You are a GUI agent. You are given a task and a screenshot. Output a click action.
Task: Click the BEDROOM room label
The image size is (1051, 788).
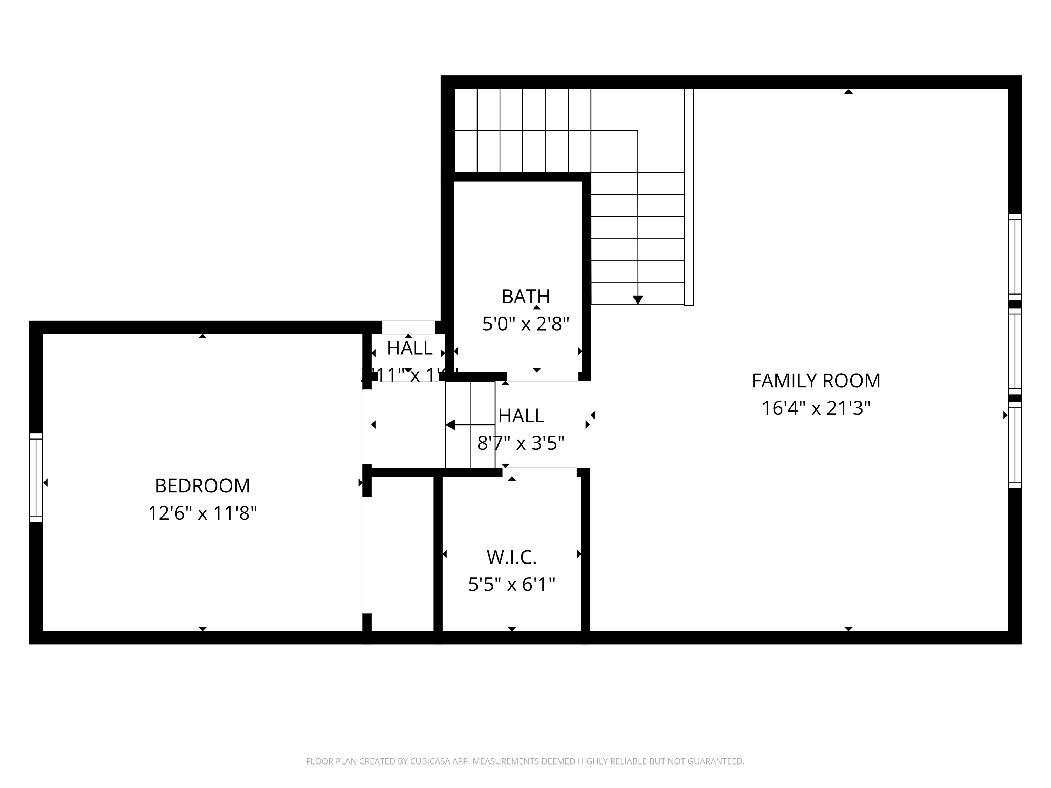click(x=202, y=486)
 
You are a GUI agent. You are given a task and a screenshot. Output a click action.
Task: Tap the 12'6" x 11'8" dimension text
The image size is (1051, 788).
click(x=202, y=513)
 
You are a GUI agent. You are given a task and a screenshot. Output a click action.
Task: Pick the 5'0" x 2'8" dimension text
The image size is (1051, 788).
click(x=525, y=324)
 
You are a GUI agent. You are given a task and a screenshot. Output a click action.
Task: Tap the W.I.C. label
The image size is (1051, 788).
click(x=511, y=557)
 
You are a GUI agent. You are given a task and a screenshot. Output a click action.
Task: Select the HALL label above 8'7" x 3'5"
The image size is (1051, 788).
click(x=521, y=416)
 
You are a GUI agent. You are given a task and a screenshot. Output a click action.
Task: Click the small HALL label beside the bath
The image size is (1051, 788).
click(x=409, y=348)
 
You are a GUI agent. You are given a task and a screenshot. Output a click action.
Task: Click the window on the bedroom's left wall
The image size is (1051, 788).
click(x=36, y=477)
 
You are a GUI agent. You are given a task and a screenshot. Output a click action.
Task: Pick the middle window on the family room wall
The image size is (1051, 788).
click(x=1015, y=352)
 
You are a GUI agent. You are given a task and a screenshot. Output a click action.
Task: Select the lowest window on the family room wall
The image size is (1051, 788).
click(x=1015, y=445)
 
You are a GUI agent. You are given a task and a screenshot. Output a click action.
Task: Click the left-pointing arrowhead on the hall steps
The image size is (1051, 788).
click(x=450, y=424)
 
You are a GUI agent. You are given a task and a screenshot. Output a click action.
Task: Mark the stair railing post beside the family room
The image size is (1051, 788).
click(x=688, y=197)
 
